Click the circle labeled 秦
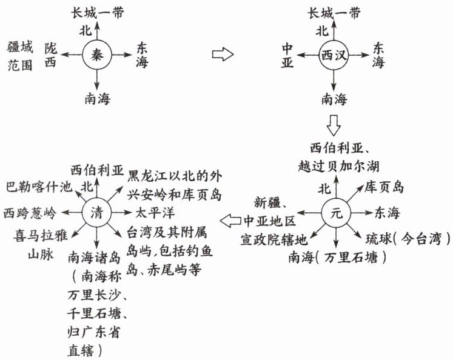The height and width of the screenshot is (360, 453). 97,55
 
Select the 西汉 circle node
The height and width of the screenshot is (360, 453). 333,56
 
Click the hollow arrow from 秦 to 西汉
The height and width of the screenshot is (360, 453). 222,55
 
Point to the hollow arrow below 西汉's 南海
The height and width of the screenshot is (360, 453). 334,124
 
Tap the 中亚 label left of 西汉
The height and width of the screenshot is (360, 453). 287,55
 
